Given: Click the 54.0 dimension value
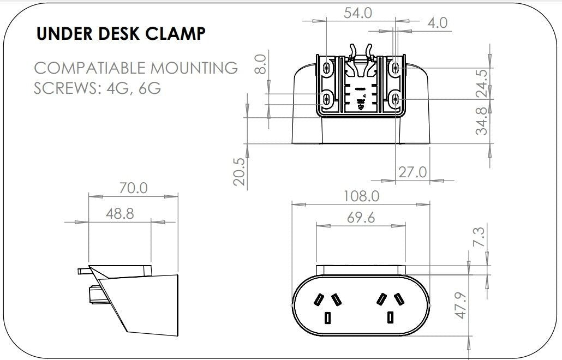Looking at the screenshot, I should click(358, 13).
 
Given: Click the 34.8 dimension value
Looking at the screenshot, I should click(482, 121).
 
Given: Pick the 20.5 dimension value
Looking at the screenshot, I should click(239, 171).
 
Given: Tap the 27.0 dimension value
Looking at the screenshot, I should click(412, 172).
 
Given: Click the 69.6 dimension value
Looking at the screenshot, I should click(361, 217).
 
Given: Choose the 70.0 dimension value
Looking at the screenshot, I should click(133, 188).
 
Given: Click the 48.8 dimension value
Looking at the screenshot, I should click(119, 213).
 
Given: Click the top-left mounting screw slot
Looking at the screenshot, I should click(327, 68).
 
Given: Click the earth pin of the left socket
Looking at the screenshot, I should click(327, 318).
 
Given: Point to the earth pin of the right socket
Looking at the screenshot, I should click(391, 318).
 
